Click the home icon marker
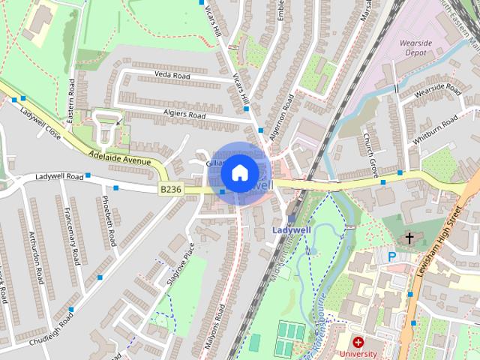[x=238, y=172]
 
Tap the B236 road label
[x=169, y=190]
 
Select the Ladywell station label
[x=289, y=229]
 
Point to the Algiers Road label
[x=185, y=115]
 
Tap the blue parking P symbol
[x=391, y=256]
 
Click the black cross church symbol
[x=409, y=238]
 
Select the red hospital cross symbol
[x=358, y=342]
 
